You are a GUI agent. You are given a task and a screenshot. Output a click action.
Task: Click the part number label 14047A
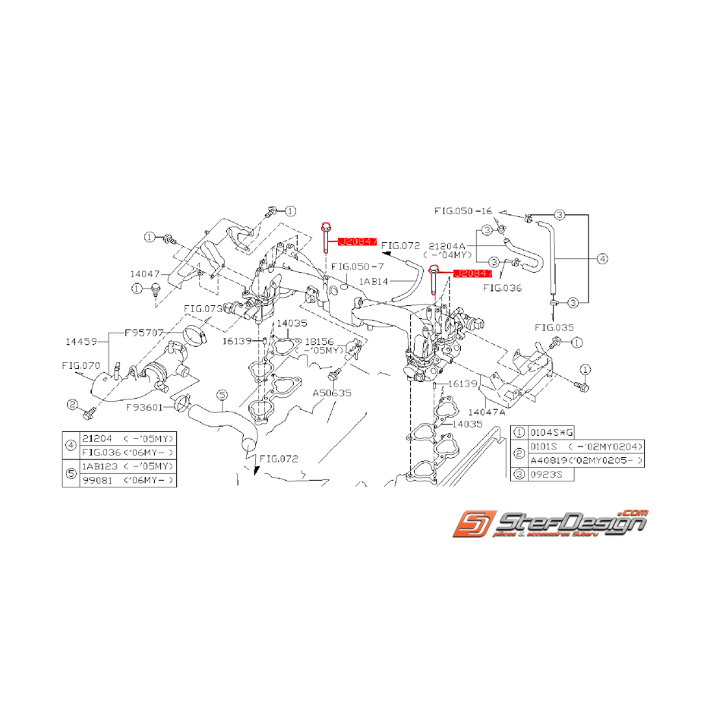500,412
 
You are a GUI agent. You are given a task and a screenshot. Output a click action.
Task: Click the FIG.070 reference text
80,365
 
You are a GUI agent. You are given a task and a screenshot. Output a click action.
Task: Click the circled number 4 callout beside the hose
602,259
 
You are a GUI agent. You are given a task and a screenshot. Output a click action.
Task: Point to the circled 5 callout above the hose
222,394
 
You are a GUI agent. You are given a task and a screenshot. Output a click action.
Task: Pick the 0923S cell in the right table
544,473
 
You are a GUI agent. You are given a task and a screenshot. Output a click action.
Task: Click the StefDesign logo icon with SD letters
471,526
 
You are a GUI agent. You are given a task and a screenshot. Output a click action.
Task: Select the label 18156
318,342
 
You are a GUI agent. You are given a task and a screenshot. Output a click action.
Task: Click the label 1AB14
374,281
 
